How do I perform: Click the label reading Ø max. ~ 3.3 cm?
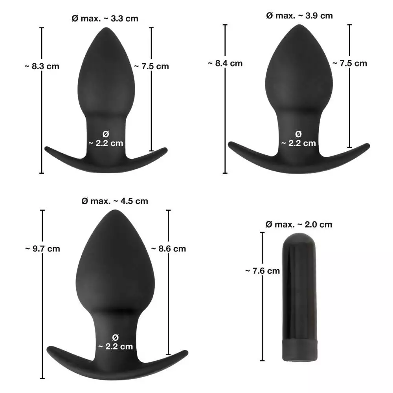[x=105, y=18]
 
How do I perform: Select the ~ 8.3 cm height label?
[x=42, y=66]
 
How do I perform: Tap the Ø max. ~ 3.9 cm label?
[x=299, y=16]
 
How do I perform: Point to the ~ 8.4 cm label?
[x=225, y=63]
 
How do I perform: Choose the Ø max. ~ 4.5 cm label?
[x=114, y=201]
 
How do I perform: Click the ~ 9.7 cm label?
[x=42, y=248]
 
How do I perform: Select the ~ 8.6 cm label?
[x=169, y=248]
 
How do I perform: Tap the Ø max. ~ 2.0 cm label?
[x=299, y=224]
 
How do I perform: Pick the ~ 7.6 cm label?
[x=263, y=270]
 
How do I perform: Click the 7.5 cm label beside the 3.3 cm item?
[x=151, y=66]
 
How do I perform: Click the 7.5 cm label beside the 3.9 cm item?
[x=349, y=63]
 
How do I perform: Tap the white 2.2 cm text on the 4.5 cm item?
[x=115, y=342]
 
